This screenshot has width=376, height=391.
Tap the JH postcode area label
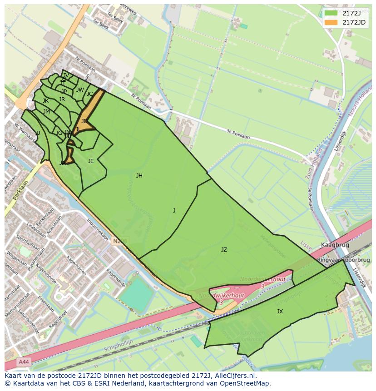(139, 176)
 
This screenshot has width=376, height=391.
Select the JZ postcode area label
(224, 250)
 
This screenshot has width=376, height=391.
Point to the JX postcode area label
(280, 312)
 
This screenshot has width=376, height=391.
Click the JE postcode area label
(91, 161)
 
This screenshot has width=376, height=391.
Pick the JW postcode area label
(80, 90)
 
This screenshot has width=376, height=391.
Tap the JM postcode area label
(46, 112)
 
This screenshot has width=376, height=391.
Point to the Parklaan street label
(21, 190)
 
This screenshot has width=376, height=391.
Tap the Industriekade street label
(97, 231)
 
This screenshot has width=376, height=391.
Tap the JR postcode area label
(62, 99)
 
